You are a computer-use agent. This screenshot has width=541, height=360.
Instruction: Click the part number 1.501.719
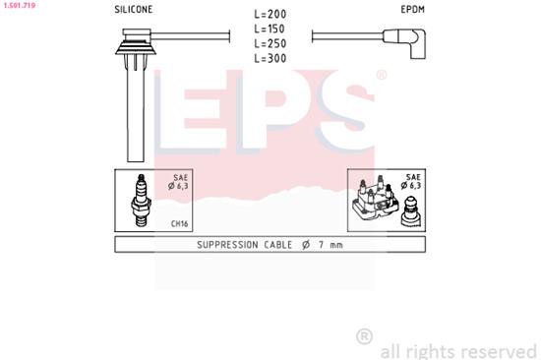point(19,4)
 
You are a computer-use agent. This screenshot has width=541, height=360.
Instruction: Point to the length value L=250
point(270,45)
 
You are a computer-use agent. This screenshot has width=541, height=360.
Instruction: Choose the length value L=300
point(270,59)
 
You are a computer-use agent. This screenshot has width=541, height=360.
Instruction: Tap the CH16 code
point(179,223)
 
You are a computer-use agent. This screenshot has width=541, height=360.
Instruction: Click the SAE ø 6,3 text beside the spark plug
point(179,183)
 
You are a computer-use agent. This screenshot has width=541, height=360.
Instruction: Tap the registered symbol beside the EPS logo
point(382,75)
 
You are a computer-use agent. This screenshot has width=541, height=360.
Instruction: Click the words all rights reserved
point(458,349)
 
